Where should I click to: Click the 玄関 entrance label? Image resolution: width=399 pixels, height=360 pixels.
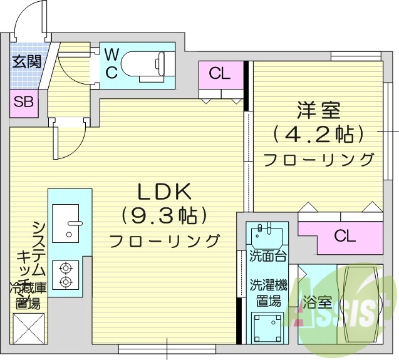pyautogui.click(x=26, y=61)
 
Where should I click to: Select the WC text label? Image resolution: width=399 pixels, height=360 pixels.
pyautogui.click(x=111, y=63)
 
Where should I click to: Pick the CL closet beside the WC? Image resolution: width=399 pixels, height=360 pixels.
pyautogui.click(x=219, y=73)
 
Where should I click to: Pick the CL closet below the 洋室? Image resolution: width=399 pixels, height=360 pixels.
pyautogui.click(x=345, y=236)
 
